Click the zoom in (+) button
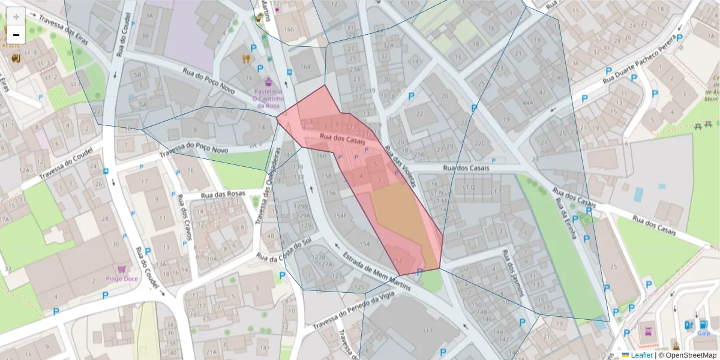coord(16,16)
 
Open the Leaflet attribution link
coord(641,355)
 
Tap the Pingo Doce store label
coord(123,278)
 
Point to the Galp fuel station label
coord(703,332)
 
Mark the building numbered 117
coord(428,331)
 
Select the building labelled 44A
coord(528,102)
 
